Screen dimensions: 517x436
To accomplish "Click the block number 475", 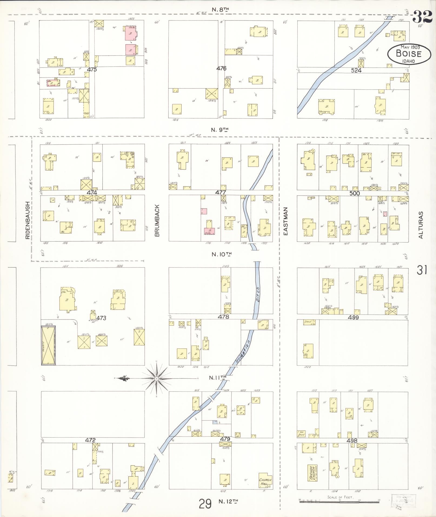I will point(92,69).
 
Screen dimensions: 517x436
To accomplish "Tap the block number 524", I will point(356,70).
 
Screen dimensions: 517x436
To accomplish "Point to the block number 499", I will point(353,317).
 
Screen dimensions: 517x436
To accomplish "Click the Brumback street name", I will point(158,220).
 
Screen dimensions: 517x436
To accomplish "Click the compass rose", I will point(157,379).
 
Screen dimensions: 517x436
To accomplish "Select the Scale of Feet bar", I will point(340,501).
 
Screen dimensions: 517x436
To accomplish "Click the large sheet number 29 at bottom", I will point(205,504).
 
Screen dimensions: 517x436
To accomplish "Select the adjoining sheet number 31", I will point(422,270).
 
